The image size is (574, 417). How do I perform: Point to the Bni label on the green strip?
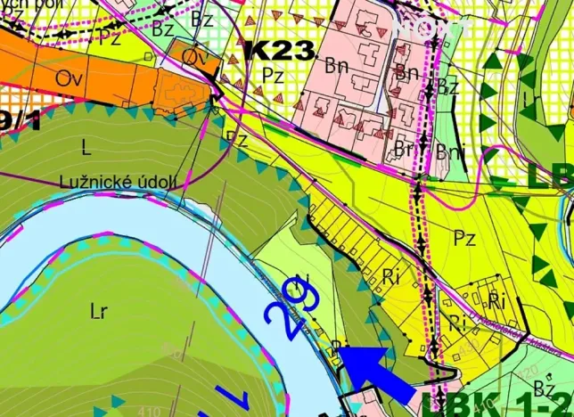point(451,151)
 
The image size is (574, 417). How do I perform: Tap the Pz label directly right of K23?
point(273,76)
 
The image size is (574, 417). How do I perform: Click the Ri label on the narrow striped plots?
point(390,275)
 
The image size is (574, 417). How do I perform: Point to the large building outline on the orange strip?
point(182,87)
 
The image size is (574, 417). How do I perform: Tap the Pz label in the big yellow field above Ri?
point(463,239)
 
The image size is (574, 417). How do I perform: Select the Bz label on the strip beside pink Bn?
point(448,86)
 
